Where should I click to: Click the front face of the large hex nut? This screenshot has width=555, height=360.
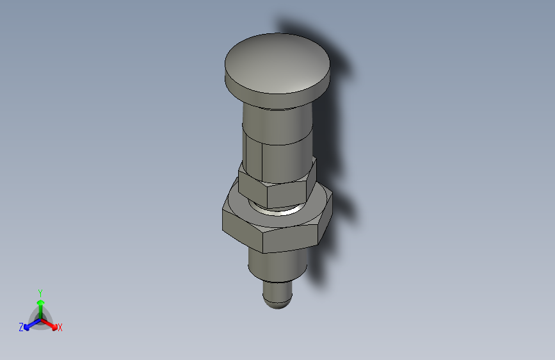[291, 239]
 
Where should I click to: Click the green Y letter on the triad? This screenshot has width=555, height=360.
[40, 292]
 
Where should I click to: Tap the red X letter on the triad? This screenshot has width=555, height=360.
[60, 328]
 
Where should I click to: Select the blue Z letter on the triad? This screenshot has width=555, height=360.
[21, 327]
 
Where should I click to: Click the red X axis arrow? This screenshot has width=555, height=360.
[51, 324]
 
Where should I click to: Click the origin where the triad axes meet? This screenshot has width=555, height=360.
[40, 318]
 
